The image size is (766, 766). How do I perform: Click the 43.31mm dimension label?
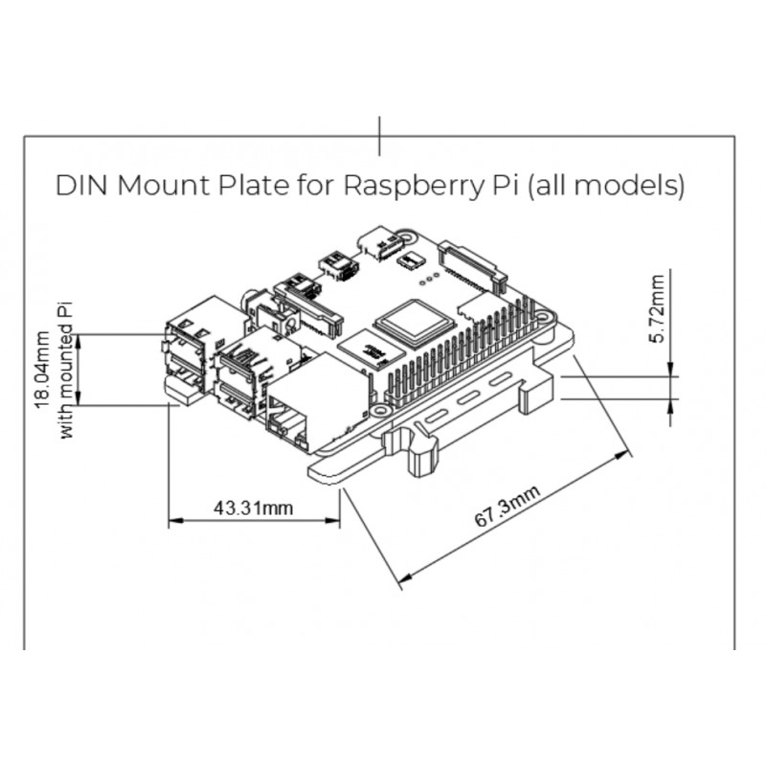tap(253, 507)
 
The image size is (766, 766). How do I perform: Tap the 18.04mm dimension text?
tap(43, 369)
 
